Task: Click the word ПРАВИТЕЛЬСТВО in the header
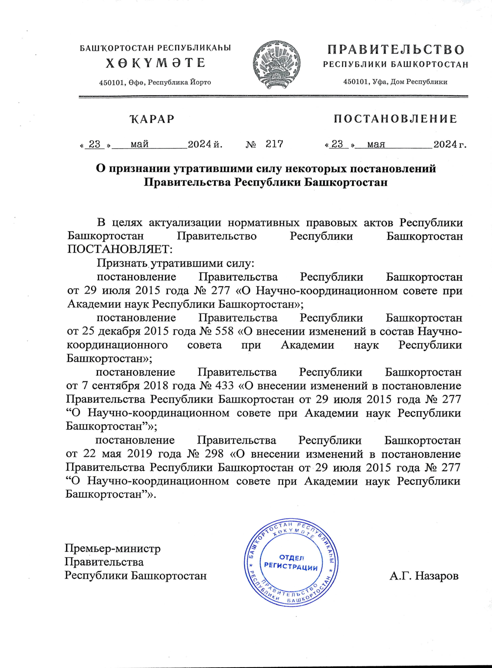pos(396,50)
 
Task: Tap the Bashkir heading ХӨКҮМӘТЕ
pos(155,63)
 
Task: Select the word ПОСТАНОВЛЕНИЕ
pos(395,119)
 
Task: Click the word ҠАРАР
pos(152,119)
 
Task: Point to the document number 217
pos(274,144)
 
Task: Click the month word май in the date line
pos(139,144)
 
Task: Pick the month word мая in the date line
pos(376,144)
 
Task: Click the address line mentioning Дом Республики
pos(395,82)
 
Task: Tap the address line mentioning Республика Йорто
pos(155,82)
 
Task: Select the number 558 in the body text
pos(224,331)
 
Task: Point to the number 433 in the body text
pos(224,386)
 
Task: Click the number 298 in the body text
pos(214,454)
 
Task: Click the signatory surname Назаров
pos(436,576)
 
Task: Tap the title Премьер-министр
pos(112,548)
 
